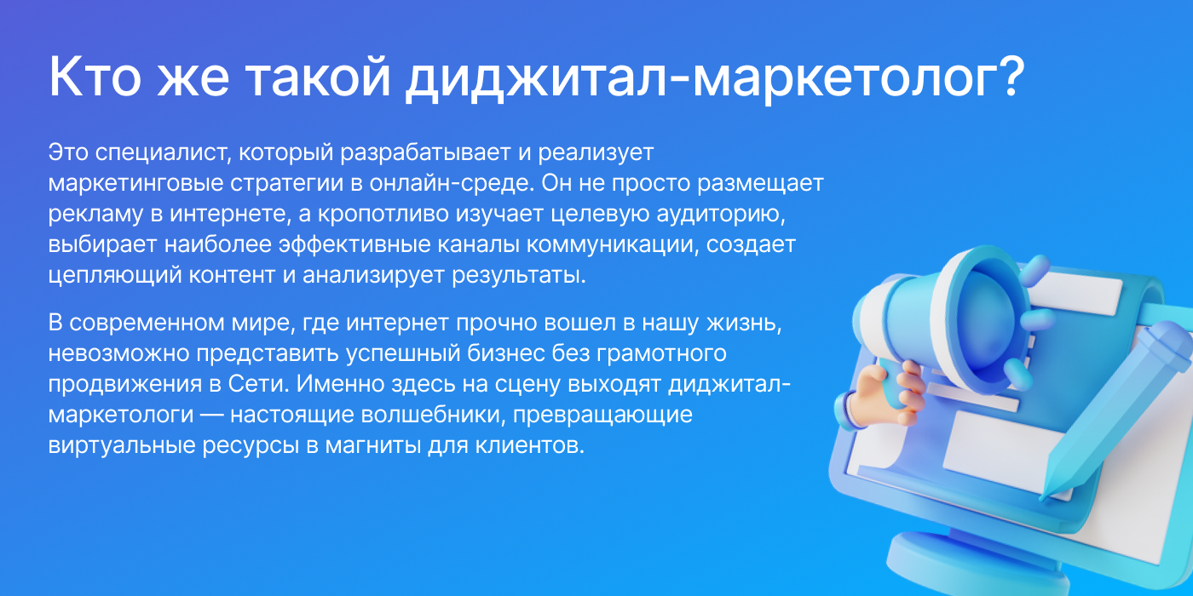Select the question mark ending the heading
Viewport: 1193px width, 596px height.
coord(1007,75)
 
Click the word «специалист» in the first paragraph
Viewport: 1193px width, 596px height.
coord(163,152)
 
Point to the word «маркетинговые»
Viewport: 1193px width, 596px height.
coord(135,184)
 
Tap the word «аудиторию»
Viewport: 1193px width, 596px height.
coord(721,215)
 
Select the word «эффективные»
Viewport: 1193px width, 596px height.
coord(354,245)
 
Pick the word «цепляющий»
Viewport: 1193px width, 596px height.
coord(115,276)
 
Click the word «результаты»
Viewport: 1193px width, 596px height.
coord(519,276)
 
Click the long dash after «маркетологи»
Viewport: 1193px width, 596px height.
coord(211,415)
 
